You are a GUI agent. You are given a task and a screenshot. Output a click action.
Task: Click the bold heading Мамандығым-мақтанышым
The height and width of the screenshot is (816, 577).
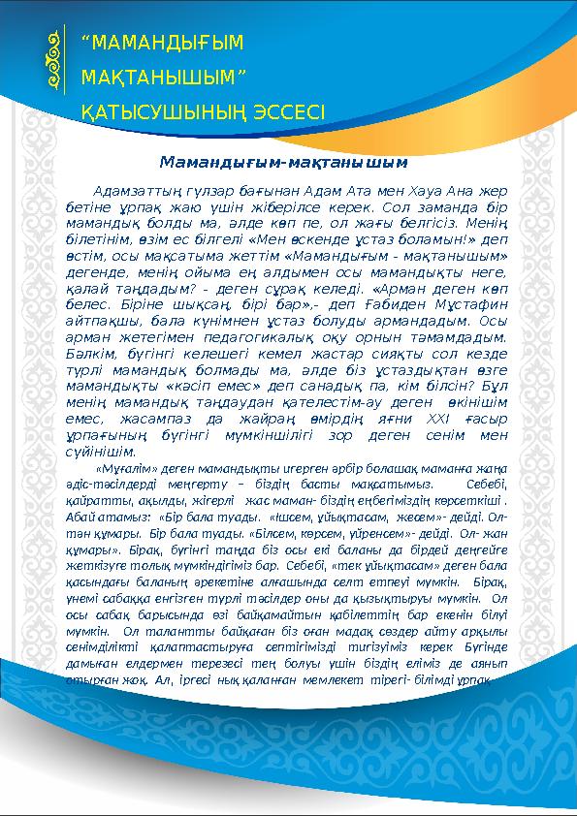[281, 160]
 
